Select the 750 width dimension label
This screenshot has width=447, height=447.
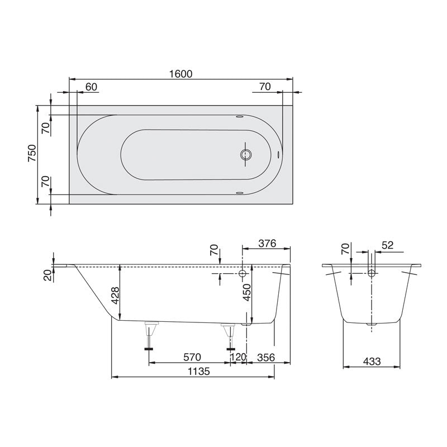[x=32, y=154]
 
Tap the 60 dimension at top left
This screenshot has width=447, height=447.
[x=92, y=87]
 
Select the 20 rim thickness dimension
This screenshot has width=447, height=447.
[x=47, y=274]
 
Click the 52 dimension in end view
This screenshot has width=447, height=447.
[x=388, y=244]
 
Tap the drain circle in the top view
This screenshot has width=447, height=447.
[x=245, y=155]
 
